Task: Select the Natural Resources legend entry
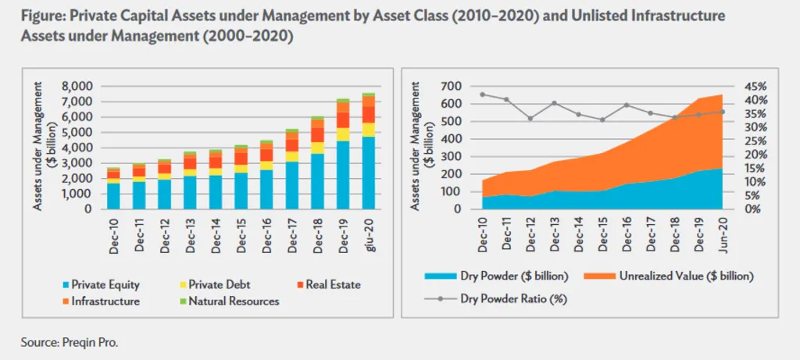coord(235,301)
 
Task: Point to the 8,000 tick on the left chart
coord(77,86)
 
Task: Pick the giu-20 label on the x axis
coord(367,234)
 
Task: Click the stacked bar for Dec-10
coord(114,188)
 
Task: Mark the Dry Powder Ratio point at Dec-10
coord(482,94)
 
